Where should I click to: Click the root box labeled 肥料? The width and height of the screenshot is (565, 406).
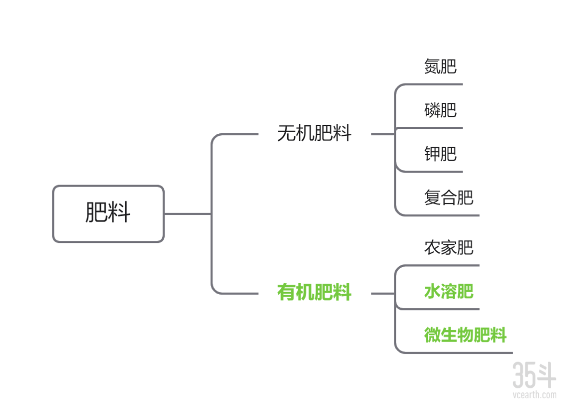point(108,214)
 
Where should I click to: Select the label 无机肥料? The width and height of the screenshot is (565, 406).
point(314,134)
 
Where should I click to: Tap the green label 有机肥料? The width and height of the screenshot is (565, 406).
point(314,293)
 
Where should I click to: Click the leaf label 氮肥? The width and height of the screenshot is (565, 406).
point(440,66)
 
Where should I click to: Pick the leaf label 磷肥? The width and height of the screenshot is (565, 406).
point(440,110)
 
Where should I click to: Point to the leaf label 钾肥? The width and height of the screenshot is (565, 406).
point(440,154)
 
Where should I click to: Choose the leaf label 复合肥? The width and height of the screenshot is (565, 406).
point(449,198)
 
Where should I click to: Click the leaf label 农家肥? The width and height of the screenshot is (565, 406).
point(449,247)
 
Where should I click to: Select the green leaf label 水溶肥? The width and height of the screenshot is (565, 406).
point(449,291)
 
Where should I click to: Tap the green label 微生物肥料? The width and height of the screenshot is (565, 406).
point(465,335)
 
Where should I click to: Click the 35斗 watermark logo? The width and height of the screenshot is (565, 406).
point(534,374)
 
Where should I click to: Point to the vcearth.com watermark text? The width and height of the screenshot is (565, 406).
point(534,395)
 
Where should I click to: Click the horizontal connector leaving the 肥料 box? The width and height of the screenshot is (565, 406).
point(187,214)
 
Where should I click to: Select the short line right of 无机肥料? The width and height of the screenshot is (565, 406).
point(382,134)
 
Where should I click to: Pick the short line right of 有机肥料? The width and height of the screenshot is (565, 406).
point(382,294)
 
